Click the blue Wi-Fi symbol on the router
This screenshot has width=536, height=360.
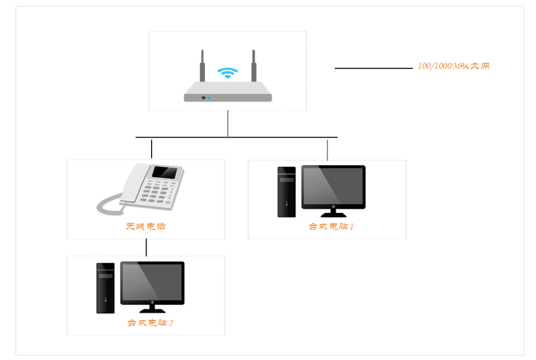click(228, 73)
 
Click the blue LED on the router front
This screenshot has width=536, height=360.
click(209, 98)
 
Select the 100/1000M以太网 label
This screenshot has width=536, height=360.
click(453, 66)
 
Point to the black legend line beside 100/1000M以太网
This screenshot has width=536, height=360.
click(373, 68)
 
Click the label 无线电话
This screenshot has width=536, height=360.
click(146, 226)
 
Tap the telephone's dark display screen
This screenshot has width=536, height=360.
click(165, 172)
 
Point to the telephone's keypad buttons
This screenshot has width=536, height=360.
click(158, 193)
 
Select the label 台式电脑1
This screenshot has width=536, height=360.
click(331, 226)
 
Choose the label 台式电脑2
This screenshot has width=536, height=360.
click(150, 323)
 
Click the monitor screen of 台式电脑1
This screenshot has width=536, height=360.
click(333, 186)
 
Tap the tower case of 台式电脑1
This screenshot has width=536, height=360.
click(287, 192)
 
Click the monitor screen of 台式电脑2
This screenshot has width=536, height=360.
click(152, 282)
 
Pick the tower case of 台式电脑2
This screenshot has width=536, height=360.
click(105, 288)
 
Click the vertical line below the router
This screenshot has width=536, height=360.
click(228, 124)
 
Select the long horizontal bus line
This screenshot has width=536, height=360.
click(236, 137)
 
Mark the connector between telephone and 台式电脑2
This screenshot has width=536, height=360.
click(146, 248)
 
